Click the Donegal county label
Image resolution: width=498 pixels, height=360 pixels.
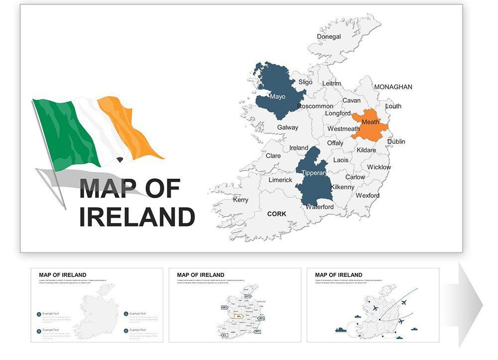[329, 36]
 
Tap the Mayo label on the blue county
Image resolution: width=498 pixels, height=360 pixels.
[277, 96]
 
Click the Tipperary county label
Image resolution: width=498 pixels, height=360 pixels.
[314, 173]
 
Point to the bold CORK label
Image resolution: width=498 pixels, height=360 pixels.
[277, 214]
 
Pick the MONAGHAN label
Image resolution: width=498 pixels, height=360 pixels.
[393, 87]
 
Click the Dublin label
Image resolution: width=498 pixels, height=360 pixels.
[396, 141]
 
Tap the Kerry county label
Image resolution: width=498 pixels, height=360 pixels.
[241, 200]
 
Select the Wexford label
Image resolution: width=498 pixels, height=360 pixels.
[368, 195]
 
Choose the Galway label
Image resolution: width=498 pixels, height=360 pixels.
[287, 127]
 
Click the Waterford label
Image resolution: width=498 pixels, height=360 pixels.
[319, 207]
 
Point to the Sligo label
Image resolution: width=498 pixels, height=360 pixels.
[305, 82]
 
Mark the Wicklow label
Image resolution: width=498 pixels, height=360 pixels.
[379, 167]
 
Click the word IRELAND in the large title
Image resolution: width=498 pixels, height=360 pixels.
[137, 217]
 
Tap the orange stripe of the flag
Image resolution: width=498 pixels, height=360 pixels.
[127, 124]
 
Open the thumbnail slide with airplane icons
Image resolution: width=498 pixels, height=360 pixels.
[373, 305]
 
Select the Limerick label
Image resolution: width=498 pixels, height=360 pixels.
[280, 180]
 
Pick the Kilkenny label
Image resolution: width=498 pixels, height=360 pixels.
[342, 187]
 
